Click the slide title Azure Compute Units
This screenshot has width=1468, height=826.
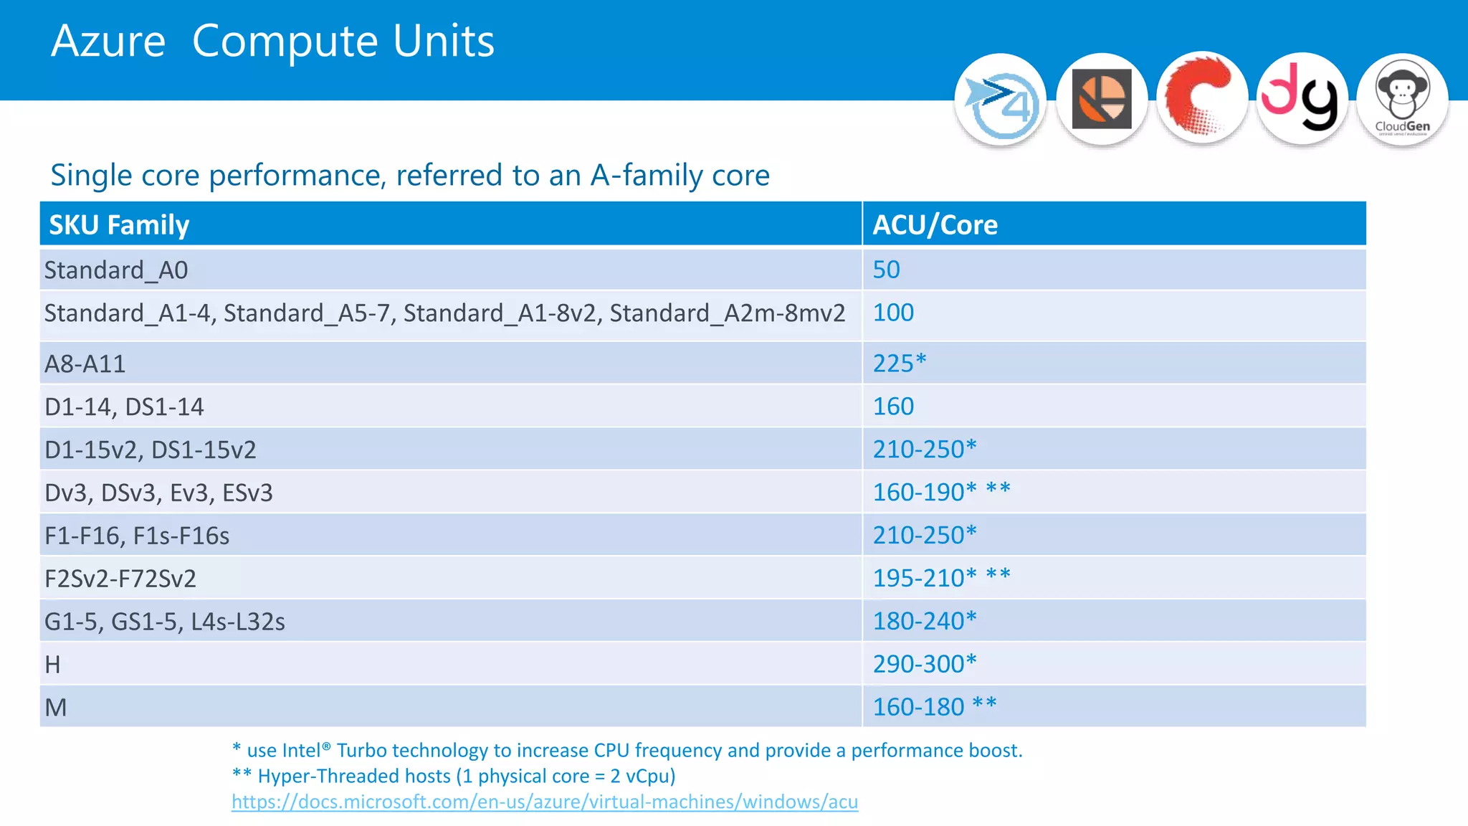[272, 41]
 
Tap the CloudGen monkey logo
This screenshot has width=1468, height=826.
[1402, 99]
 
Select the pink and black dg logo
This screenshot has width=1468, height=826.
[1302, 99]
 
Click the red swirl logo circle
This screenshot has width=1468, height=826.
[1202, 99]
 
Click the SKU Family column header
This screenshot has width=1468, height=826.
[119, 225]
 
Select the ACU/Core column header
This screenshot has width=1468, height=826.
[935, 225]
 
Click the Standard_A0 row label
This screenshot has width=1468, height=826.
[116, 270]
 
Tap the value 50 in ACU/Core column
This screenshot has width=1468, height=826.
[886, 270]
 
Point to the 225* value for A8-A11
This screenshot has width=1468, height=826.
[899, 363]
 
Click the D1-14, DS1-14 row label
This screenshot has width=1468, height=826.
[124, 407]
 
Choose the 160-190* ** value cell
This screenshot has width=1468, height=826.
[940, 492]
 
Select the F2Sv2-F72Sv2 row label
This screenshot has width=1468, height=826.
[120, 579]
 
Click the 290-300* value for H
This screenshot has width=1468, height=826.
[924, 664]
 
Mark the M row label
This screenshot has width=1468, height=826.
[56, 708]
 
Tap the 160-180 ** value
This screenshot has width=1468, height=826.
[934, 707]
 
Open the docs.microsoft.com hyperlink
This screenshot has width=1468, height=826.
[545, 802]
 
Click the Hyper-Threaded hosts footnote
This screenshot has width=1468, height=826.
[454, 776]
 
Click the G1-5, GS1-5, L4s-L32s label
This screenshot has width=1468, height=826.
[165, 622]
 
